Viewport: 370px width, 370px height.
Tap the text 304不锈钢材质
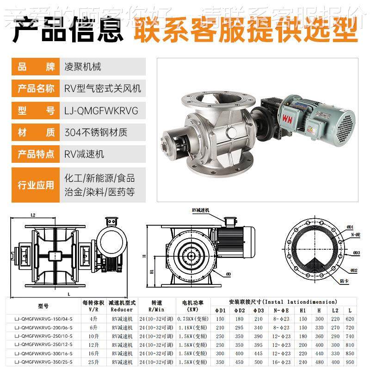coord(96,133)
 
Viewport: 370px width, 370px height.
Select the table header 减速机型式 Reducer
coord(122,306)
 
